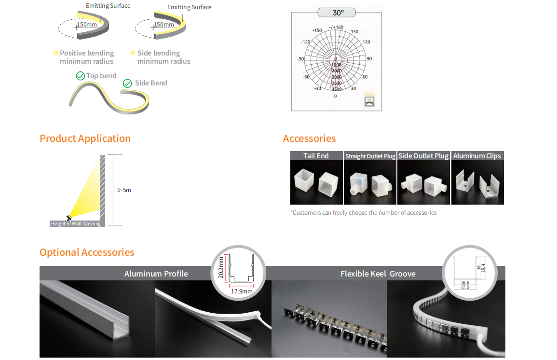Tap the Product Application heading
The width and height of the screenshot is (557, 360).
85,138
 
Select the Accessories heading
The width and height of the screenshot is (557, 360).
309,138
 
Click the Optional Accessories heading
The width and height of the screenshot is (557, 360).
87,252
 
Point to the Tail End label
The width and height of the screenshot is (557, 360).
316,156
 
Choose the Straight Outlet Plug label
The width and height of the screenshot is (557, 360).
370,156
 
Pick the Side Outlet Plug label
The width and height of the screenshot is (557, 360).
423,156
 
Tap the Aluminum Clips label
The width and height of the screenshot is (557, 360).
477,156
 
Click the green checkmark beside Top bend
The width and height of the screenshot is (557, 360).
81,76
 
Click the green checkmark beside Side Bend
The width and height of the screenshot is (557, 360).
127,83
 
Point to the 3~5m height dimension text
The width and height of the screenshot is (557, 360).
124,190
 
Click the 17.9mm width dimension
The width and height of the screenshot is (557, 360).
242,291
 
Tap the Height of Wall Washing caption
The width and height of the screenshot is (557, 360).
76,224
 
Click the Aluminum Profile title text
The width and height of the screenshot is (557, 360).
156,274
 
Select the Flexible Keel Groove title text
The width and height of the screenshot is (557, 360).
378,274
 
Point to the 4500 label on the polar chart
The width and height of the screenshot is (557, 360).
336,89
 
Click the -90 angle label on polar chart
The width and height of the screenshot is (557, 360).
300,59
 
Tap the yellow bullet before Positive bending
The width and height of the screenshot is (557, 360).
56,53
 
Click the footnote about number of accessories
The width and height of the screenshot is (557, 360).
364,213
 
